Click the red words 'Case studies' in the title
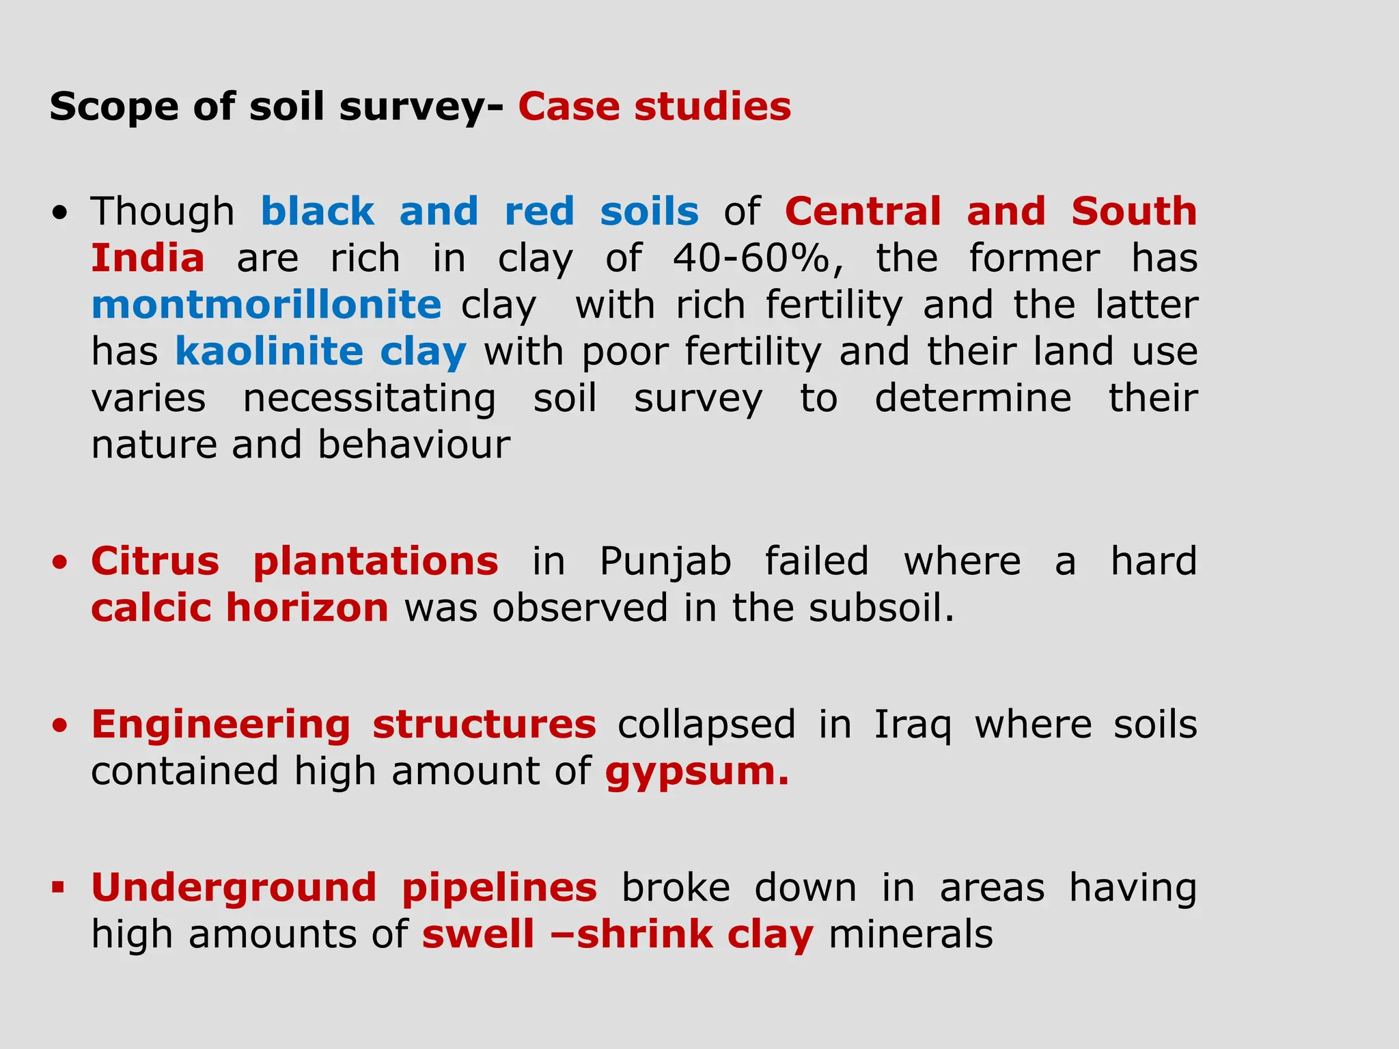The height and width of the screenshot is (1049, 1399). pyautogui.click(x=654, y=107)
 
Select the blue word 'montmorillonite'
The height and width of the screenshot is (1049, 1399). pyautogui.click(x=266, y=305)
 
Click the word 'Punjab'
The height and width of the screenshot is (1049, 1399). pyautogui.click(x=665, y=562)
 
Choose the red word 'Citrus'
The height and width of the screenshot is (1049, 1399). pyautogui.click(x=155, y=561)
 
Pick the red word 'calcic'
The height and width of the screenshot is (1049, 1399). pyautogui.click(x=150, y=608)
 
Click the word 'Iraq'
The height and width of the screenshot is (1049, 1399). pyautogui.click(x=913, y=725)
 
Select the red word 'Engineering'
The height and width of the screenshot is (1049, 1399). pyautogui.click(x=221, y=725)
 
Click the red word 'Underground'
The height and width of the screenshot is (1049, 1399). pyautogui.click(x=234, y=888)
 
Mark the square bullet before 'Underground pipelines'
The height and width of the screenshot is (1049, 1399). pyautogui.click(x=58, y=888)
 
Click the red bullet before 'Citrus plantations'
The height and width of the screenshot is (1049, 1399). pyautogui.click(x=60, y=563)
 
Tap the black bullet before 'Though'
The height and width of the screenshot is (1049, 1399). pyautogui.click(x=60, y=213)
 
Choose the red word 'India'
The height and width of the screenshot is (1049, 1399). pyautogui.click(x=148, y=258)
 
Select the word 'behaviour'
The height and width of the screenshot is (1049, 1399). pyautogui.click(x=413, y=445)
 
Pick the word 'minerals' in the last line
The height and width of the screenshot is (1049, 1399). pyautogui.click(x=911, y=934)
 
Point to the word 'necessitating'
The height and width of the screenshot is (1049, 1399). pyautogui.click(x=369, y=399)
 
